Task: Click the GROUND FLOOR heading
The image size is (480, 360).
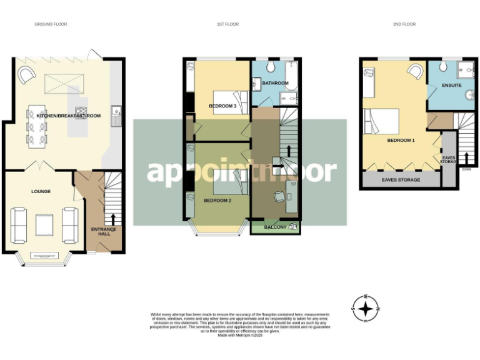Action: tap(51, 24)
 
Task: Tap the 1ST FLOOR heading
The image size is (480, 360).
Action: tap(227, 24)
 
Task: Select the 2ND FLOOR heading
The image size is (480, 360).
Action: tap(404, 24)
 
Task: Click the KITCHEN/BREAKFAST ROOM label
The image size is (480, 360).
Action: tap(69, 116)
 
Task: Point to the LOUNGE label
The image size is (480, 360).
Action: tap(41, 191)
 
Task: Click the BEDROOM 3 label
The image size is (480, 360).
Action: tap(222, 106)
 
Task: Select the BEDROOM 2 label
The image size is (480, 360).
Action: tap(217, 200)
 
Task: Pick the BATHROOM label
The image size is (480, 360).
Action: tap(275, 83)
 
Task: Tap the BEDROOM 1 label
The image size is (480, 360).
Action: tap(401, 141)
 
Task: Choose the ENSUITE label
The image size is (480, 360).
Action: tap(451, 85)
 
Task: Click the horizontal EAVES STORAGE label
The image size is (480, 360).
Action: tap(401, 180)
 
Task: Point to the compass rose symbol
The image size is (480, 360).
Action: tap(366, 307)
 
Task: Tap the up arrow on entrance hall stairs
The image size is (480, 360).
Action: tap(114, 219)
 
